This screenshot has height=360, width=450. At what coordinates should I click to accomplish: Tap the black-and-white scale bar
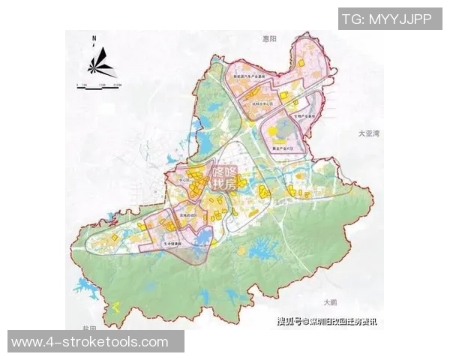97,85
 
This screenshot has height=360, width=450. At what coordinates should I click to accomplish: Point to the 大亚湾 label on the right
370,133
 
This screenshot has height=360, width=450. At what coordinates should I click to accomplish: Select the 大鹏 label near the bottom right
330,302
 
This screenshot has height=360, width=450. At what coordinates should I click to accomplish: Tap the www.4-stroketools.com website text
90,342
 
